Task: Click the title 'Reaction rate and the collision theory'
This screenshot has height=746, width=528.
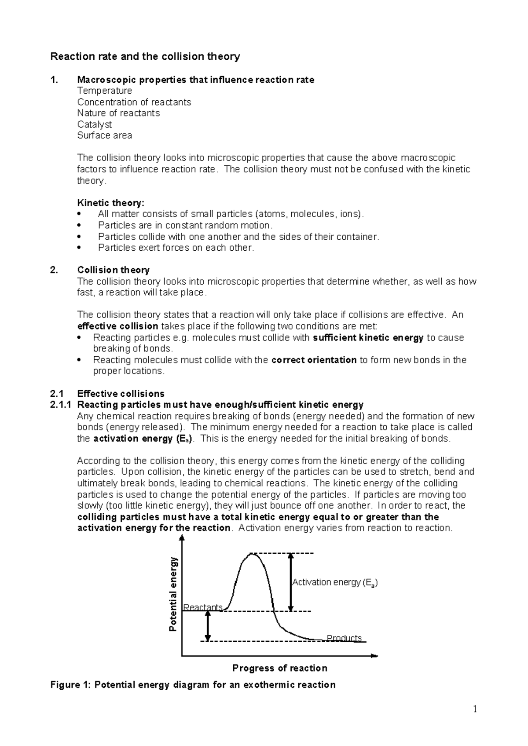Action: (145, 56)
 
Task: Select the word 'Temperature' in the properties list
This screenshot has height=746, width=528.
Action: (104, 91)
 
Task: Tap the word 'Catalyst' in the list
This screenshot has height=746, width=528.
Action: (94, 124)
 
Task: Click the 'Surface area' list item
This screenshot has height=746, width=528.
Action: (104, 135)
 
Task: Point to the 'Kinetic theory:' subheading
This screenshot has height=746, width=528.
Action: (110, 203)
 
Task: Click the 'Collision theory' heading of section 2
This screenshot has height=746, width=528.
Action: (113, 270)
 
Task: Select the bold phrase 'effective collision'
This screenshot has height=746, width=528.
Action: (117, 326)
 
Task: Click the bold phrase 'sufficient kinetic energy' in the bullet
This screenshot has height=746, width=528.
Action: (368, 338)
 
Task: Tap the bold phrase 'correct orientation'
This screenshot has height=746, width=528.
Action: (314, 360)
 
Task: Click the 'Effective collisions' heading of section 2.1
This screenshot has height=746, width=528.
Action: (121, 394)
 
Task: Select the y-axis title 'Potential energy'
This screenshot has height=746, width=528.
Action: (173, 594)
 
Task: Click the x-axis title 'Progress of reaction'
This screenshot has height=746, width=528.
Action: (279, 668)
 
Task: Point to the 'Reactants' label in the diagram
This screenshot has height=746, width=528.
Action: (203, 607)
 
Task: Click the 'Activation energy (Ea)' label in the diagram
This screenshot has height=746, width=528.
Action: (334, 582)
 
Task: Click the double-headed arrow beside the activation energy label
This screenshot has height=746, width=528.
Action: (290, 582)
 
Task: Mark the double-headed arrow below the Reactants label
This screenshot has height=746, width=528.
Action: (208, 626)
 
